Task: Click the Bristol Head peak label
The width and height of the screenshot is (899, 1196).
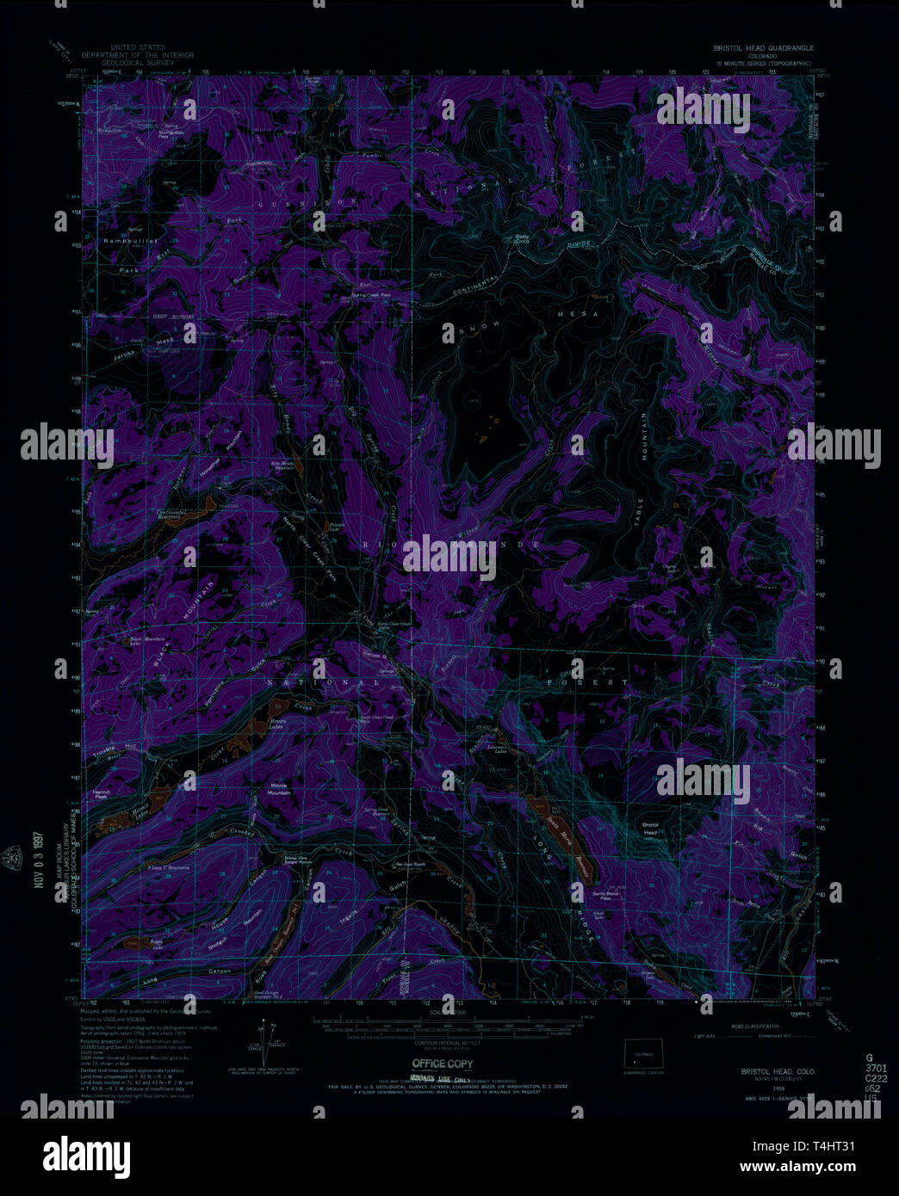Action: pos(650,828)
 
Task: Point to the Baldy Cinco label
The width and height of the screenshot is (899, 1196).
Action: pos(523,239)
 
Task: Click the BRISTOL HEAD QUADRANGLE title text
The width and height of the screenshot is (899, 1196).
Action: pos(762,48)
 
